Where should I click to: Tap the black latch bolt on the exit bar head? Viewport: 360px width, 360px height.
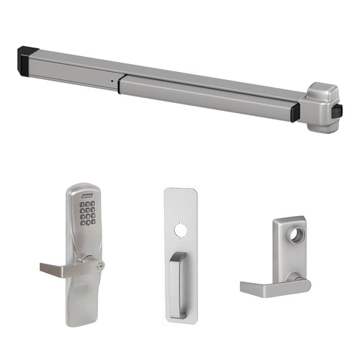click(x=336, y=111)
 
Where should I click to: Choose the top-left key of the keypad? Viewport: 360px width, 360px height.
click(x=82, y=204)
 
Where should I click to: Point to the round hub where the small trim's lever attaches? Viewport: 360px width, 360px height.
click(x=294, y=277)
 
